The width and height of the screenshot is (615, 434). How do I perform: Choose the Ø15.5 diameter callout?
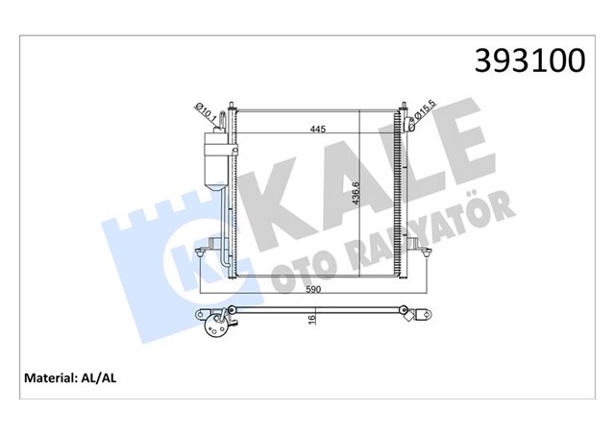[422, 114]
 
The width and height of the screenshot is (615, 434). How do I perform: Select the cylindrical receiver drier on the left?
[216, 154]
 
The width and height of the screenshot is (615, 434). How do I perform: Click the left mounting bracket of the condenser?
[201, 253]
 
